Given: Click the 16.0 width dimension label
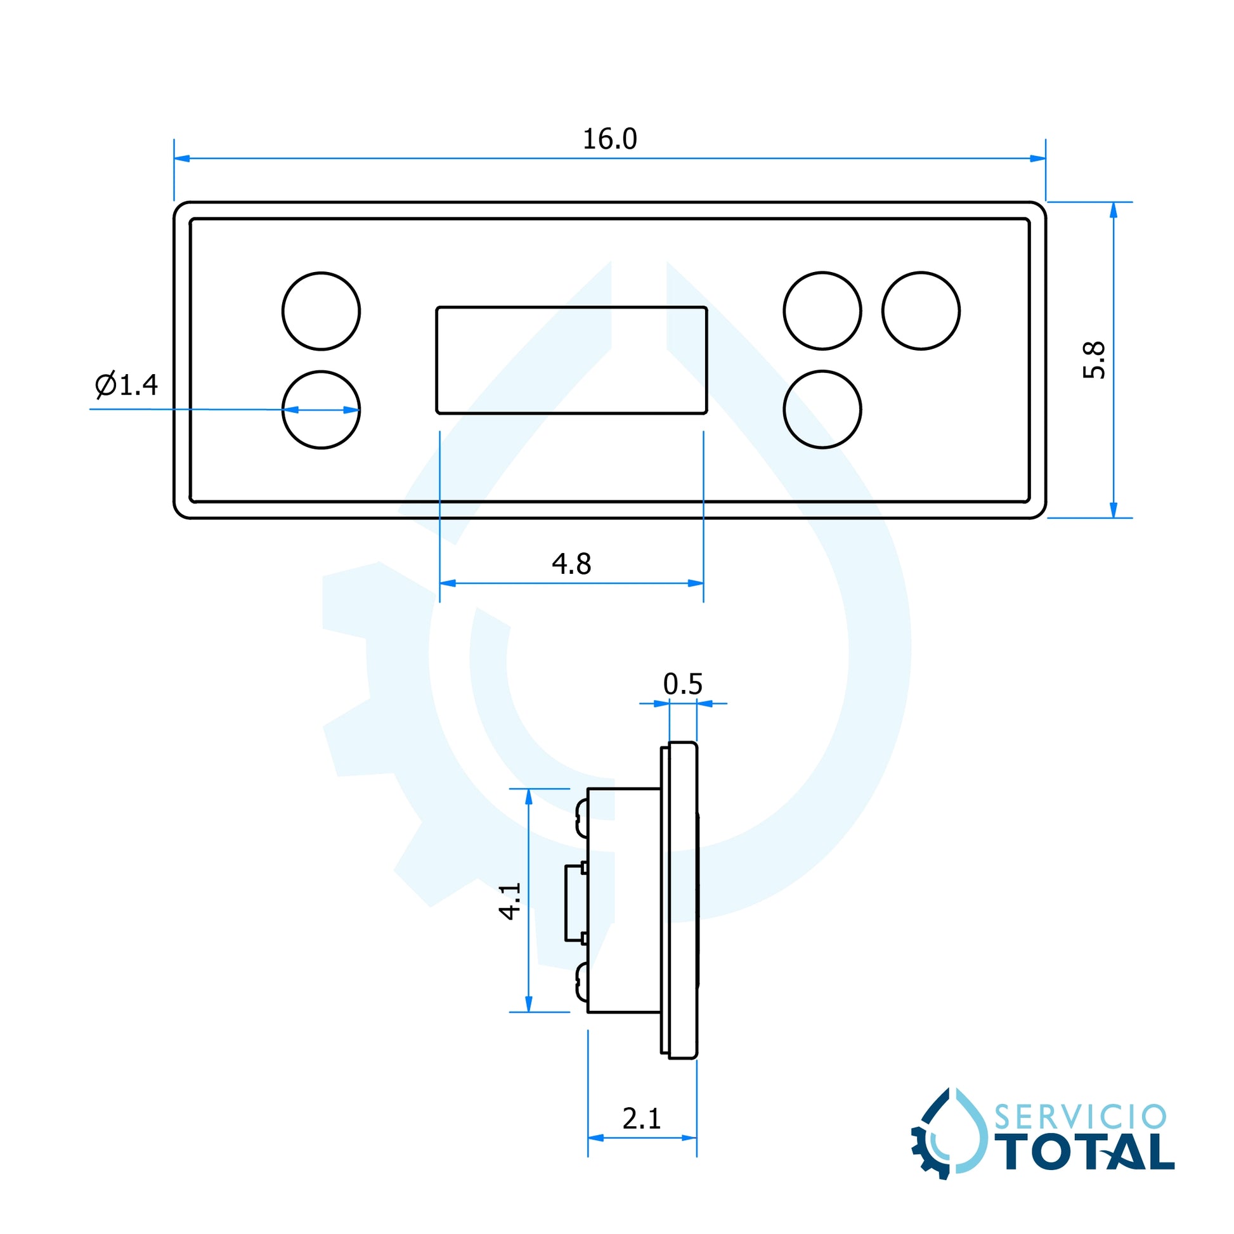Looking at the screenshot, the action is tap(609, 140).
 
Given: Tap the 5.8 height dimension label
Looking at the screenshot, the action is tap(1094, 360).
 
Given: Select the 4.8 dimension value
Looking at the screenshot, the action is tap(571, 563).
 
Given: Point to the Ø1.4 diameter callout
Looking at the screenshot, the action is tap(126, 384).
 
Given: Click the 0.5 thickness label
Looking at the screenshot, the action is tap(682, 684).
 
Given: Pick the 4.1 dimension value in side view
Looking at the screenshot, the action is tap(510, 900).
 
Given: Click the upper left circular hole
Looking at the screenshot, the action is tap(321, 311).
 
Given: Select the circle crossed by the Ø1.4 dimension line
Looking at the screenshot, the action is tap(321, 410).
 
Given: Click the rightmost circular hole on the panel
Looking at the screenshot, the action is tap(921, 311).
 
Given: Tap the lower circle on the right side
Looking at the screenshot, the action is tap(822, 410).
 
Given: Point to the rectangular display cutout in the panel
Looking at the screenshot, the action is tap(571, 360).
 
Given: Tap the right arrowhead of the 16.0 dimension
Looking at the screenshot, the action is tap(1038, 159).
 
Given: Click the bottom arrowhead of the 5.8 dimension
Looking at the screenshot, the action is tap(1114, 510).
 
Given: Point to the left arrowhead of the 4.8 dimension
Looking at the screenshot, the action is tap(448, 583).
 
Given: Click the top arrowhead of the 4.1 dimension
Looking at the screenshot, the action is tap(528, 797).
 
